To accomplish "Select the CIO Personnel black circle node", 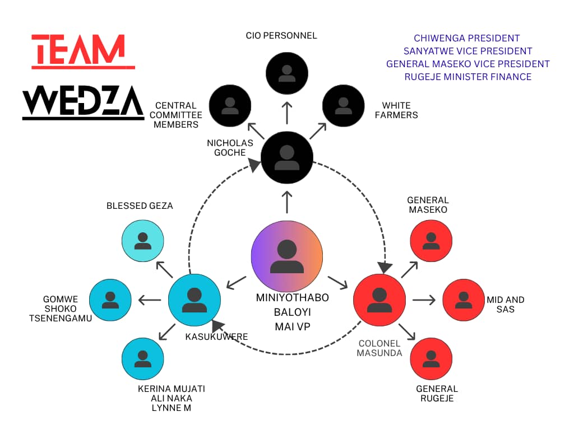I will click(x=287, y=73).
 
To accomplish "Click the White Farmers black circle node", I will click(x=344, y=105).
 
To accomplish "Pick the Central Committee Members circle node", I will click(x=230, y=105).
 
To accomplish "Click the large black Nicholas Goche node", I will click(x=287, y=157).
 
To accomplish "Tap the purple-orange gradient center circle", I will click(x=287, y=256).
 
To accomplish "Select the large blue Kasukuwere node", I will click(x=194, y=300).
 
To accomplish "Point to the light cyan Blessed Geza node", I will click(x=143, y=240).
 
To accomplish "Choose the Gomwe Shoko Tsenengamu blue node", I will click(x=110, y=300).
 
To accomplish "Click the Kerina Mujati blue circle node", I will click(x=143, y=359).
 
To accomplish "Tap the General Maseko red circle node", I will click(x=431, y=240).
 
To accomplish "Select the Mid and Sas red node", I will click(x=464, y=300).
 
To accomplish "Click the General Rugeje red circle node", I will click(x=431, y=359).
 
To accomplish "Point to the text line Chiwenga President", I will click(x=467, y=39).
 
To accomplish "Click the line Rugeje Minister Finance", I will click(x=467, y=77).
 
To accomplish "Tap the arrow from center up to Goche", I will click(x=287, y=202).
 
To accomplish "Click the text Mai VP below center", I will click(x=292, y=326).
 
